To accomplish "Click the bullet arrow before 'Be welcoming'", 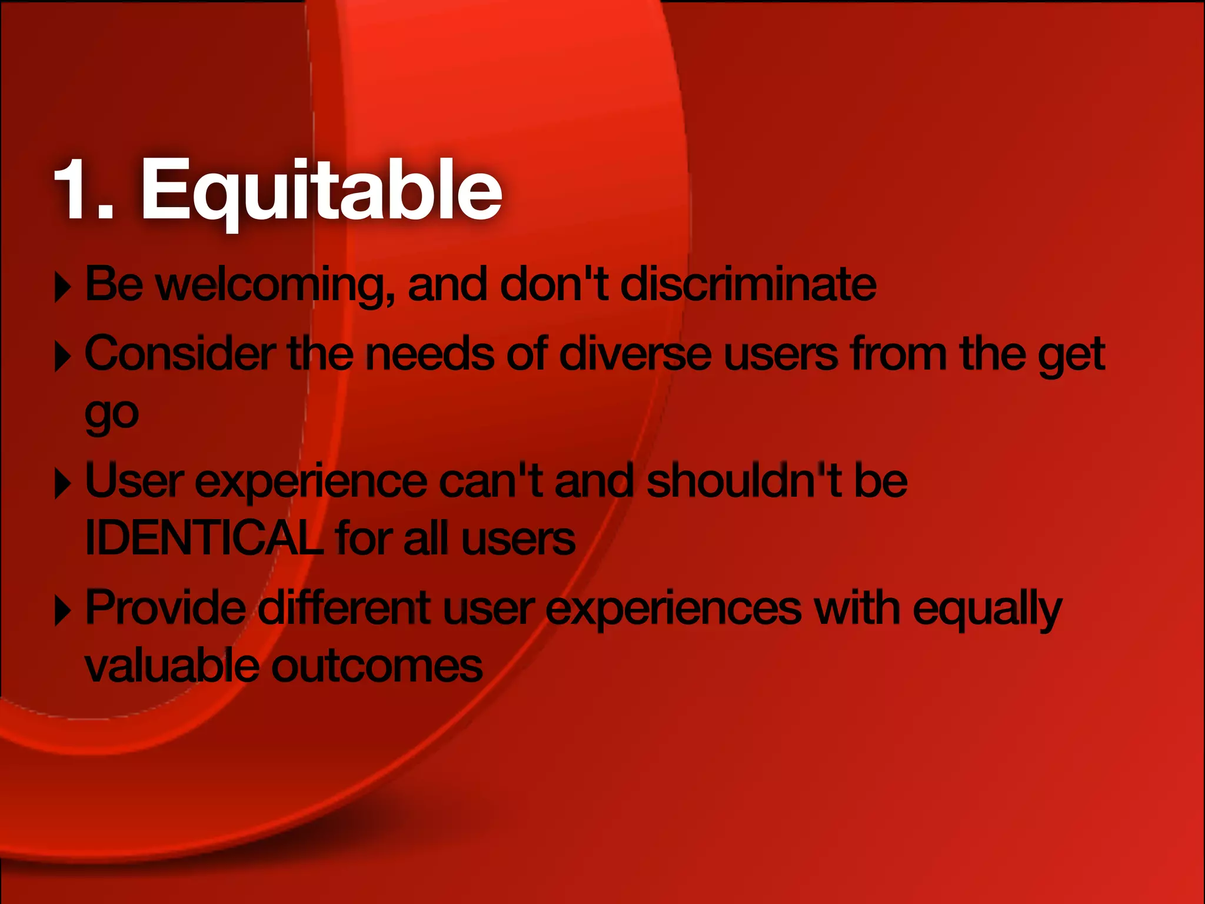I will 62,287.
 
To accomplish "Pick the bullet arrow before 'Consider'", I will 62,356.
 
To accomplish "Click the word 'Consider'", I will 180,354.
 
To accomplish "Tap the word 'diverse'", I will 635,354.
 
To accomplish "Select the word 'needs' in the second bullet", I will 430,354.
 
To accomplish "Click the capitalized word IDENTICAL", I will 204,538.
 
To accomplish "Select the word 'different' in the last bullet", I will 344,607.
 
